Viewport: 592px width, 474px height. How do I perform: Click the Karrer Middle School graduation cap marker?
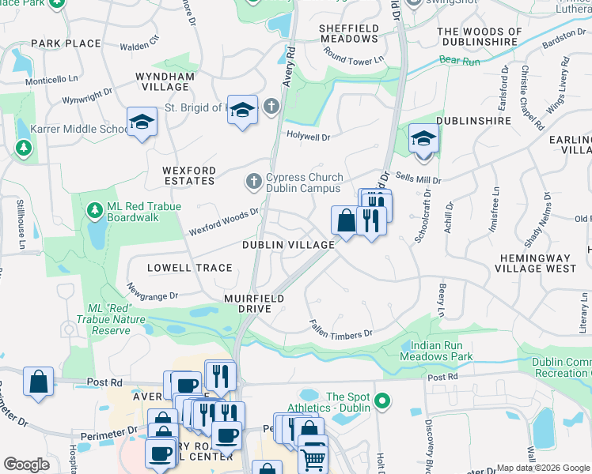coord(142,122)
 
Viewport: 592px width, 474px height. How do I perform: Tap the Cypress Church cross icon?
coord(253,182)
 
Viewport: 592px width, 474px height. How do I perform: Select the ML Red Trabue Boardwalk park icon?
coord(94,211)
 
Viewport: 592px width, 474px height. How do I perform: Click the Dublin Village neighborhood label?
coord(288,245)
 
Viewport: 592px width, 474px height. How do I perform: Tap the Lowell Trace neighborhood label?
coord(189,268)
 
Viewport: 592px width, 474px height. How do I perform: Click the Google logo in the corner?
coord(27,465)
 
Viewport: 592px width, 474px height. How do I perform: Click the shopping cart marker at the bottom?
coord(313,457)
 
